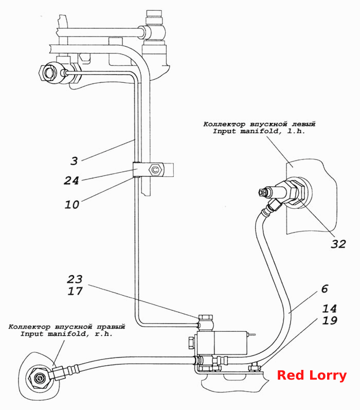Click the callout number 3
coord(74,161)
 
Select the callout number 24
coord(71,181)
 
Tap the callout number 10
coord(72,204)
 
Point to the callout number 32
coord(338,244)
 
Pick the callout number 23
coord(75,279)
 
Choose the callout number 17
coord(75,291)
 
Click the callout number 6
coord(325,289)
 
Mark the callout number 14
coord(330,309)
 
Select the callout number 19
coord(330,320)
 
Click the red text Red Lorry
coord(312,376)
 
